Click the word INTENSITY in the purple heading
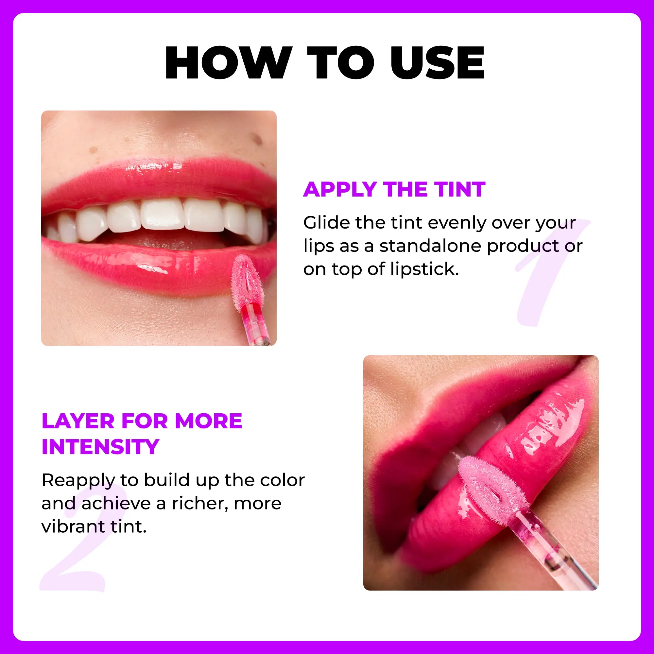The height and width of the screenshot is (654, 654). tap(100, 447)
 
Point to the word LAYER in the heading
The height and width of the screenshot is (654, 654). tap(78, 421)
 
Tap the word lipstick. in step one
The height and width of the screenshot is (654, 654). tap(424, 269)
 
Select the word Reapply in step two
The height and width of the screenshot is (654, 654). tap(79, 481)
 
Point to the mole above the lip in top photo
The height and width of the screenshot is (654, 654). tap(258, 139)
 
